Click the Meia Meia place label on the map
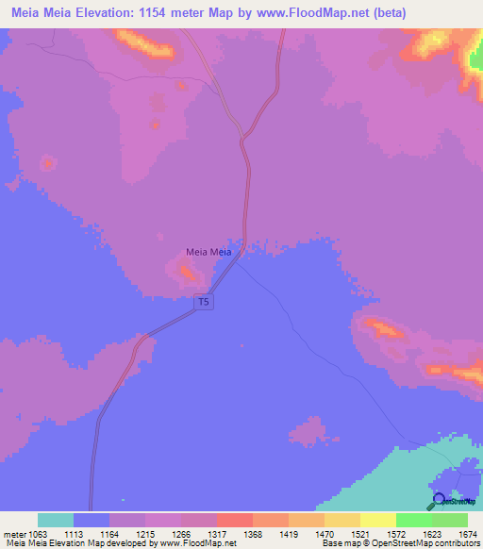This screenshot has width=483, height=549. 208,253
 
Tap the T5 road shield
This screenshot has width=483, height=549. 203,302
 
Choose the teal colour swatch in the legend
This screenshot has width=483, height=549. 56,520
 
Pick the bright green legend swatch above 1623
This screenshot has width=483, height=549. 414,520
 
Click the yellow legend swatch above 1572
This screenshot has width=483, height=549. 378,520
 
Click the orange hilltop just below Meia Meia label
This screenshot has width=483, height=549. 189,274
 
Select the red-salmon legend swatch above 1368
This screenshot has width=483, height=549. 235,520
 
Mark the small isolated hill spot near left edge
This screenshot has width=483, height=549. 46,163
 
